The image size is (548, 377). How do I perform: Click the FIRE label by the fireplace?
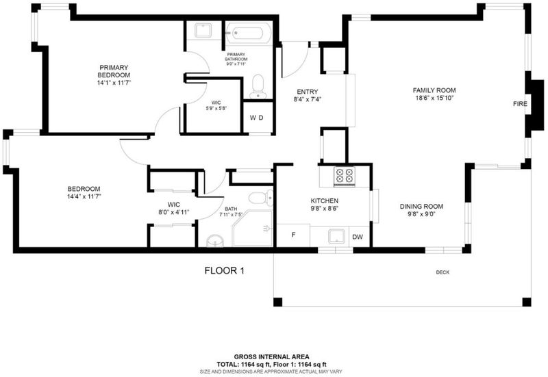tap(520, 104)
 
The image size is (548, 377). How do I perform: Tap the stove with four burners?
tap(345, 175)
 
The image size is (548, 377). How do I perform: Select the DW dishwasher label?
tap(358, 237)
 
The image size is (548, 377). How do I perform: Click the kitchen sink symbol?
tap(336, 236)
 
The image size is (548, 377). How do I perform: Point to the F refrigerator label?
tap(294, 235)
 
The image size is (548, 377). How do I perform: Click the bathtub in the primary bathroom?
tap(248, 34)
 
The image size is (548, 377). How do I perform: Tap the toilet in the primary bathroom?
tap(258, 86)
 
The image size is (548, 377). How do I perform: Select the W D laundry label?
tap(256, 118)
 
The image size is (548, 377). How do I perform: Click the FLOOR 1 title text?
tap(225, 270)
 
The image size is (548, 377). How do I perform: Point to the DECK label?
tap(443, 272)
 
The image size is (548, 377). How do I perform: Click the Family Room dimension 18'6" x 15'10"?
tap(434, 98)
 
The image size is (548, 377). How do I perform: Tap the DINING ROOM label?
tap(421, 207)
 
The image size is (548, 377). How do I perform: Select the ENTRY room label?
tap(308, 92)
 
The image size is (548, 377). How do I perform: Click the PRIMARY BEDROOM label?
tap(114, 71)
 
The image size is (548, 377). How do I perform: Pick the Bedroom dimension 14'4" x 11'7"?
tap(84, 196)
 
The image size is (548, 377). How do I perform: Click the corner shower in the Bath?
tap(252, 228)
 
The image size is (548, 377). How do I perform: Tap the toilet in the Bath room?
tap(261, 198)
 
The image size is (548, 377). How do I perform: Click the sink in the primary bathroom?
tap(203, 30)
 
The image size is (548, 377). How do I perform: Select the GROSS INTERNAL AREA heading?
tap(271, 356)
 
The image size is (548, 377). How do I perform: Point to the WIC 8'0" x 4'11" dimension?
tap(174, 212)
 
